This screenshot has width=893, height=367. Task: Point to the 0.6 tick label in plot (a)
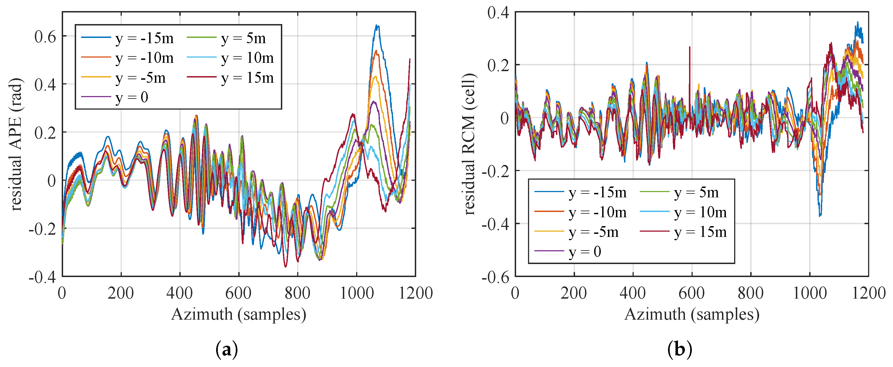(45, 37)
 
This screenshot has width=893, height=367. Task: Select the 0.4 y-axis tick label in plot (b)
(498, 13)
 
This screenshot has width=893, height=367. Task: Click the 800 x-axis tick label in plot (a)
(297, 293)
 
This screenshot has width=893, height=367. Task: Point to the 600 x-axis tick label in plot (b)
(691, 293)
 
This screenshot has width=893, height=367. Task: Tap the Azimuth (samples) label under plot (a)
(239, 314)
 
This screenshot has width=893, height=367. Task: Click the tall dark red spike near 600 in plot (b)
(690, 47)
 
